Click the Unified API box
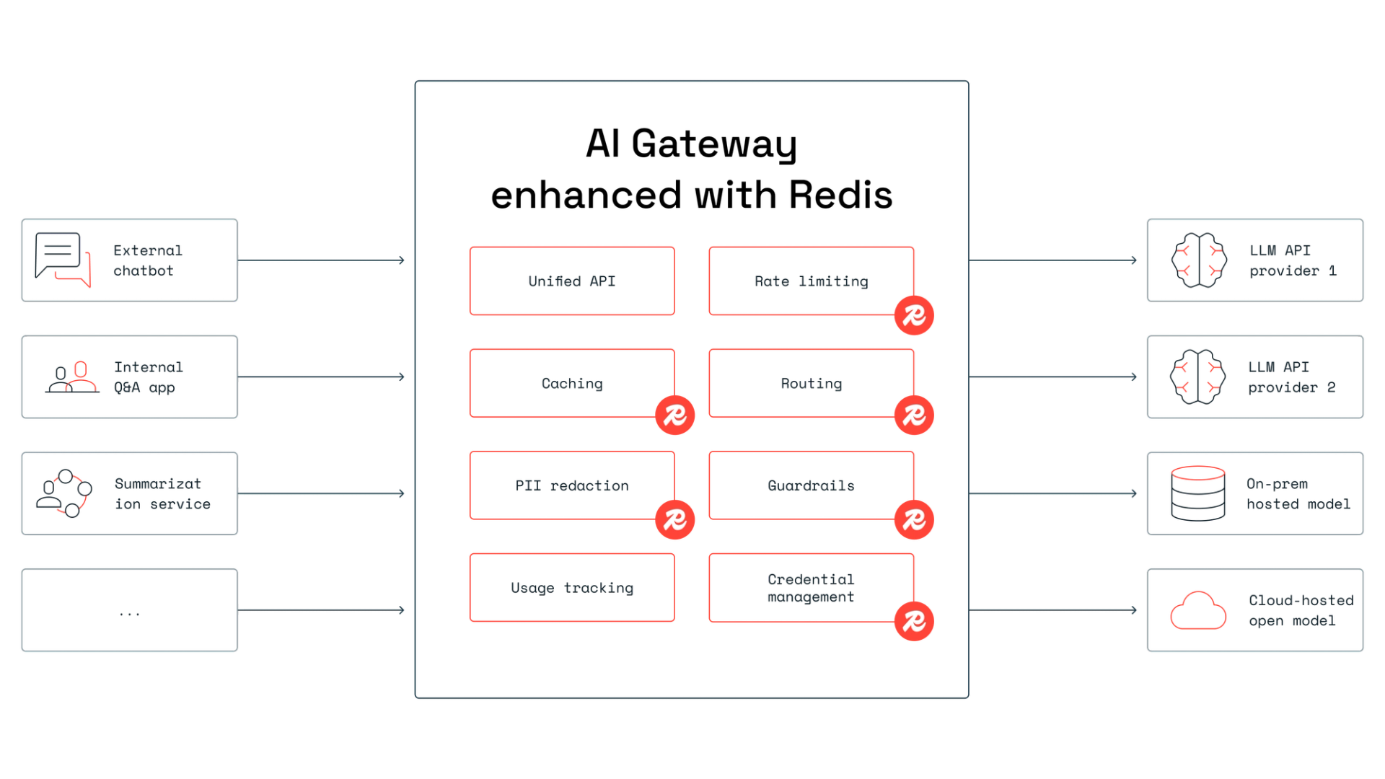pyautogui.click(x=571, y=281)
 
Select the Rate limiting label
pyautogui.click(x=812, y=281)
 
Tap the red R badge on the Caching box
pyautogui.click(x=674, y=415)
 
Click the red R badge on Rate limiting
pyautogui.click(x=913, y=315)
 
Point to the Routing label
pyautogui.click(x=812, y=383)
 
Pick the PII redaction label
pyautogui.click(x=572, y=485)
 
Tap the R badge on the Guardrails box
pyautogui.click(x=913, y=519)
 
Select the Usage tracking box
pyautogui.click(x=571, y=588)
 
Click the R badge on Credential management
pyautogui.click(x=913, y=620)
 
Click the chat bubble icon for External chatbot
pyautogui.click(x=64, y=260)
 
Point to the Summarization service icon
pyautogui.click(x=64, y=493)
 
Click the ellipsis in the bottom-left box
pyautogui.click(x=130, y=615)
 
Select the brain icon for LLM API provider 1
pyautogui.click(x=1198, y=260)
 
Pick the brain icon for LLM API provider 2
pyautogui.click(x=1198, y=377)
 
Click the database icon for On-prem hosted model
pyautogui.click(x=1198, y=493)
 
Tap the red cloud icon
pyautogui.click(x=1198, y=610)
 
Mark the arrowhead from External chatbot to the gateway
pyautogui.click(x=403, y=260)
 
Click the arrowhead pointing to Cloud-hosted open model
pyautogui.click(x=1135, y=609)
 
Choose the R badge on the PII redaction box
pyautogui.click(x=674, y=519)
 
